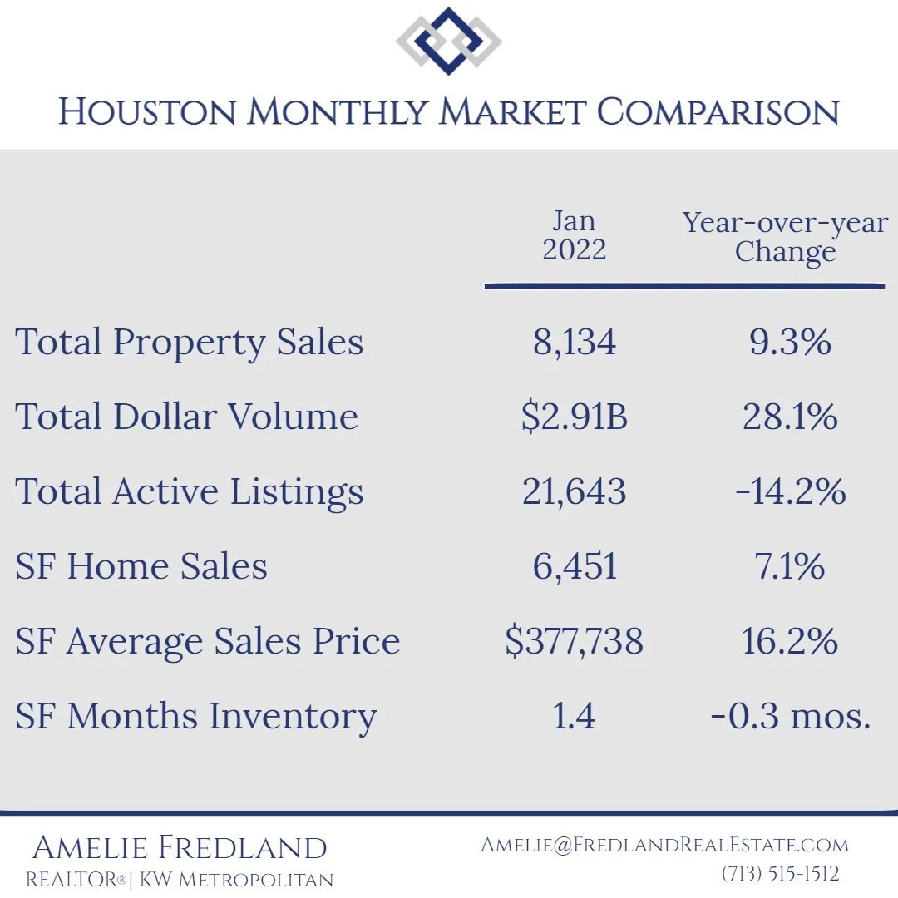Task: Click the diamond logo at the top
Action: [448, 40]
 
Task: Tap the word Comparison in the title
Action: [718, 112]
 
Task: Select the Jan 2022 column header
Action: [574, 235]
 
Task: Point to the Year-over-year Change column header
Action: [785, 237]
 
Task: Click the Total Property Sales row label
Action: [190, 342]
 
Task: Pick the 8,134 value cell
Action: [575, 342]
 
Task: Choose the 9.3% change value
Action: [790, 342]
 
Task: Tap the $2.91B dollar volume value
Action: [575, 417]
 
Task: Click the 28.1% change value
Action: [790, 417]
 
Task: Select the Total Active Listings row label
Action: [190, 491]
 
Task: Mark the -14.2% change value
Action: [790, 491]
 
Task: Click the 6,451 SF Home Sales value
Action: [575, 566]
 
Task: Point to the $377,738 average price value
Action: [575, 641]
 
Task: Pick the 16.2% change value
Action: [790, 641]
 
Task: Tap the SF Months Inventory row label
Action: [195, 716]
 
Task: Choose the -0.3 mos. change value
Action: [791, 716]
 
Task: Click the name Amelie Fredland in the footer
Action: [180, 848]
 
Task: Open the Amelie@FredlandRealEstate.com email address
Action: [665, 845]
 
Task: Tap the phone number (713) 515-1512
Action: [780, 874]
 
